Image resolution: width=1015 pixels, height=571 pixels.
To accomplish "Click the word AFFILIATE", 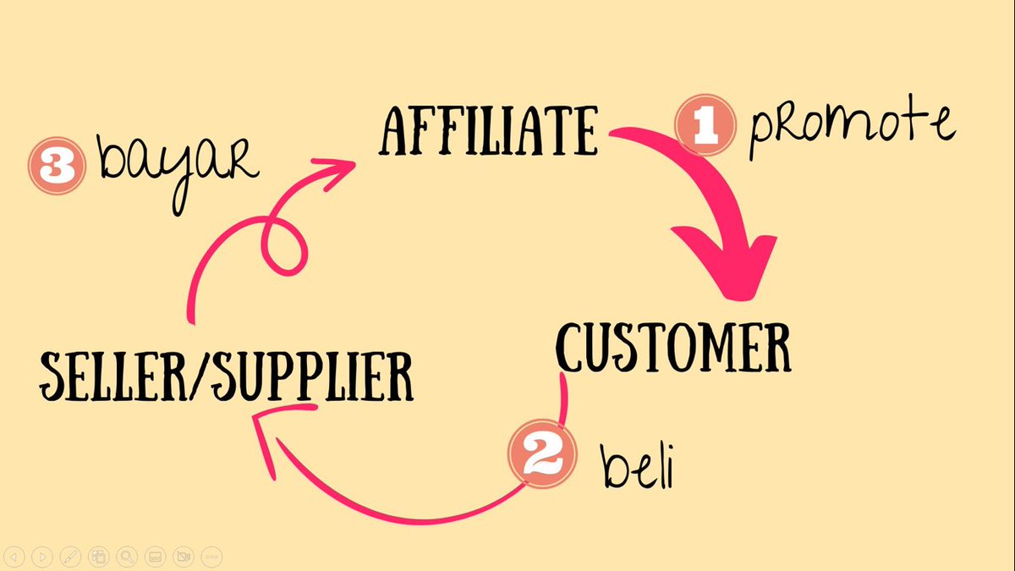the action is click(490, 132).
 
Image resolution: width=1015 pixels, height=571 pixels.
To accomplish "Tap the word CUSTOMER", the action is click(673, 346).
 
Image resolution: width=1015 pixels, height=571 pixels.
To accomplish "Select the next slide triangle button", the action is click(43, 557).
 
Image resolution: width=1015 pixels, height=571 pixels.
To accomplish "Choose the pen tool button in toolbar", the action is click(71, 557).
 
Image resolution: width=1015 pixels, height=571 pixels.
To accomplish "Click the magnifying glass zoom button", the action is click(127, 557).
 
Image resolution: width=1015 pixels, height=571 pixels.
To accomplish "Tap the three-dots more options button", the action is click(211, 557).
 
